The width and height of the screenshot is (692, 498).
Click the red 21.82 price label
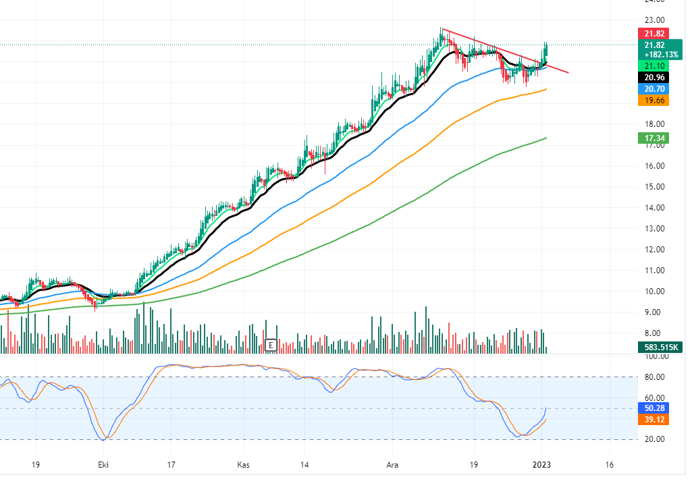click(655, 33)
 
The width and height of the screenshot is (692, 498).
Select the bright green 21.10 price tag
click(655, 65)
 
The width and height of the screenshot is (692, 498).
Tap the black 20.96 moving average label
click(655, 77)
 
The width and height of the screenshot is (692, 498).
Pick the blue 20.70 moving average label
click(655, 88)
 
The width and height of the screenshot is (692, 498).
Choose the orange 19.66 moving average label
click(655, 100)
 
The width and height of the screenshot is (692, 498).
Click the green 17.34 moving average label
click(655, 138)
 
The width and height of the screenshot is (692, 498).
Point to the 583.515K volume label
click(660, 348)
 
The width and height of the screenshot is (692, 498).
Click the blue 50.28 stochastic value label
click(655, 408)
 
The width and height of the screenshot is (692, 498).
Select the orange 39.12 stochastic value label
click(655, 419)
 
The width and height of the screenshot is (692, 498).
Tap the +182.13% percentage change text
click(661, 54)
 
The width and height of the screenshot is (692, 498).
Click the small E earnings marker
click(271, 345)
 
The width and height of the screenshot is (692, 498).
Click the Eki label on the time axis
click(103, 465)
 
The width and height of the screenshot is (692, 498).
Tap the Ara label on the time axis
click(392, 465)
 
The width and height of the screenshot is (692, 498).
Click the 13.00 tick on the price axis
click(654, 229)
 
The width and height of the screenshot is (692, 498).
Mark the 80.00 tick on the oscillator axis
click(654, 377)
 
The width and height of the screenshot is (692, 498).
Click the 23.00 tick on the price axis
click(654, 20)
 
